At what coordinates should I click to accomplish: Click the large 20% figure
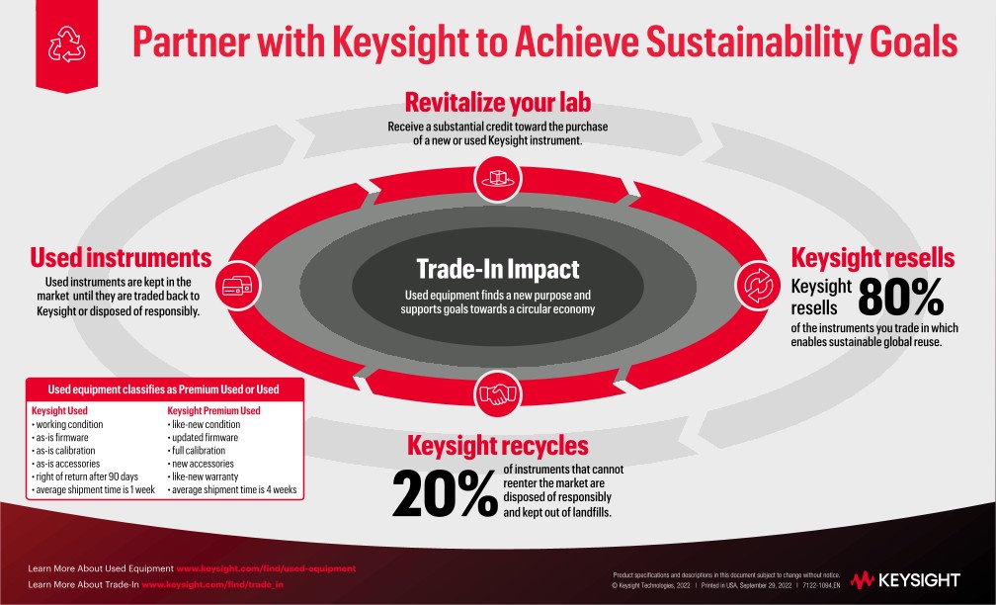445,492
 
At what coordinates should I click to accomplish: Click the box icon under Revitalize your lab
498,179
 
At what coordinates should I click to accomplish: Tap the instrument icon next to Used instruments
237,287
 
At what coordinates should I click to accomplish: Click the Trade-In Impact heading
497,269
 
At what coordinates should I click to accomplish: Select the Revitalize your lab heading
498,102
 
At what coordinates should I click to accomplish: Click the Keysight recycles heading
497,445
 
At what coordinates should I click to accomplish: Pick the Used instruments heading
122,258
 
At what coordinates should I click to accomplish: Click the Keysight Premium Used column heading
213,410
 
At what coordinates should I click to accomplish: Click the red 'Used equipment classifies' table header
164,389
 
